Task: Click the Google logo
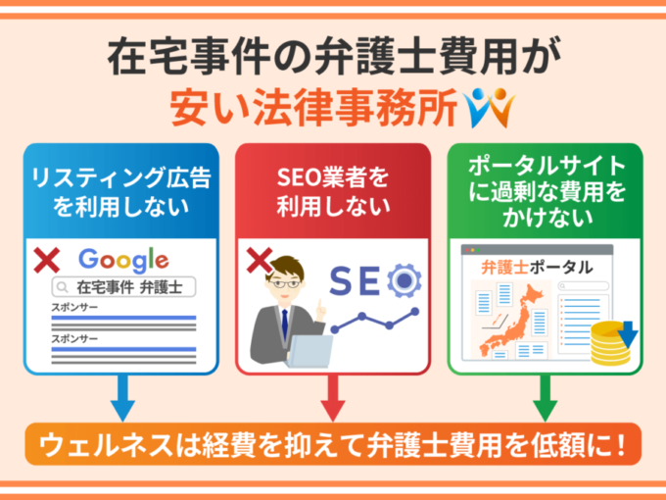point(123,260)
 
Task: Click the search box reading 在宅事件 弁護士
point(123,287)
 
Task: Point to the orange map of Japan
point(513,319)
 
